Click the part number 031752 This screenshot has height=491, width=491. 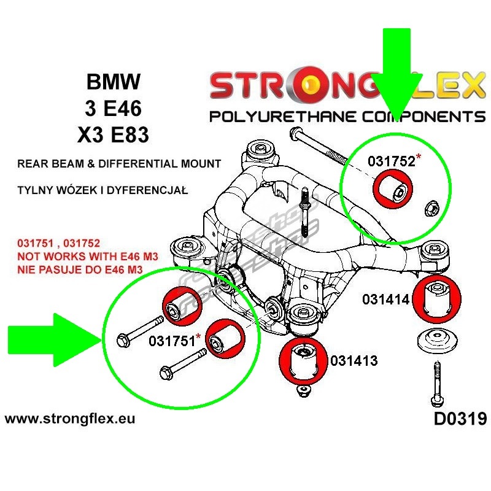(391, 161)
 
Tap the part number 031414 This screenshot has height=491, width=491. (385, 300)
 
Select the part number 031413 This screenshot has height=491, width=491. (354, 361)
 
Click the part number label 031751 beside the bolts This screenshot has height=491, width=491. (172, 341)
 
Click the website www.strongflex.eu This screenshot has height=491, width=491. (69, 420)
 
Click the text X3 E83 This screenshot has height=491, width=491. (113, 134)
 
